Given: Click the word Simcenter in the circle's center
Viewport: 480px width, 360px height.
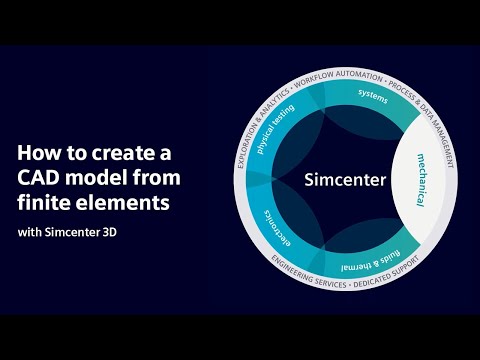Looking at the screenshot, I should pos(341,180).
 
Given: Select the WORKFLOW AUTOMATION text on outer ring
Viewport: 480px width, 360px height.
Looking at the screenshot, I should pos(339,74).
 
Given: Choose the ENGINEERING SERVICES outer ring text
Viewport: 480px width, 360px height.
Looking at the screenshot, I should pos(296,273).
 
